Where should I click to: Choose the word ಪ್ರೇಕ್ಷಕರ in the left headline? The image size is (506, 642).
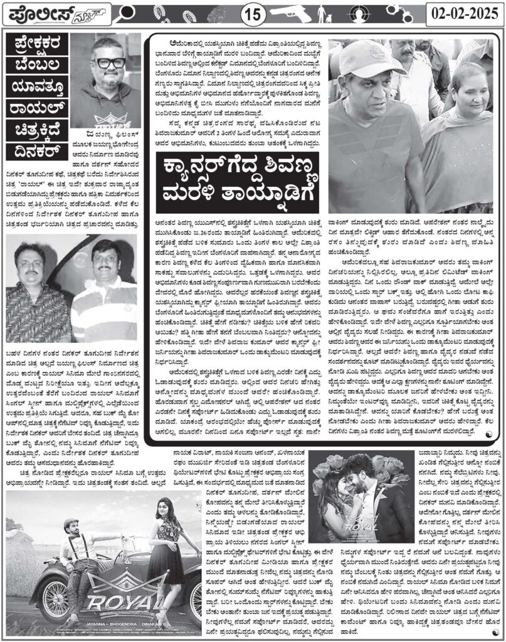pos(36,46)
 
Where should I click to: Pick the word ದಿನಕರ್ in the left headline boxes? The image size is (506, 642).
pos(36,147)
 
